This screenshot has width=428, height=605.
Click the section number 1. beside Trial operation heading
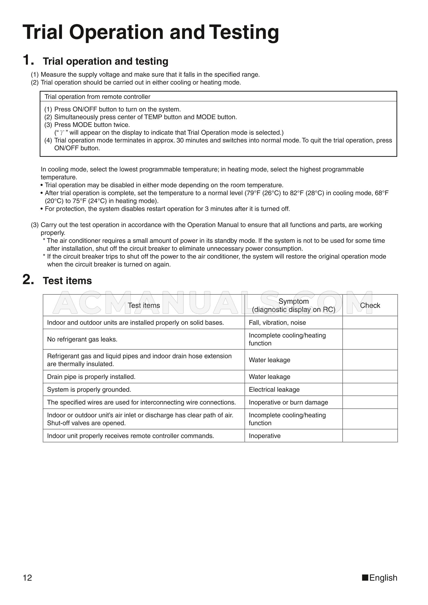pos(28,60)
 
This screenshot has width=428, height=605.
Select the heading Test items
pos(67,281)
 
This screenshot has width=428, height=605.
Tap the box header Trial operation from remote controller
pos(97,97)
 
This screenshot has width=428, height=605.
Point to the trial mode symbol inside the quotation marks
pos(62,133)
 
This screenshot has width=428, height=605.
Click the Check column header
pos(370,305)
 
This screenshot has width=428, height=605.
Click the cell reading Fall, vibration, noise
pos(277,323)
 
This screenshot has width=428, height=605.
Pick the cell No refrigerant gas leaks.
pos(82,339)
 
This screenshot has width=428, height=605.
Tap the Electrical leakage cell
pos(274,389)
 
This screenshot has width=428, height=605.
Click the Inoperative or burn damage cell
pos(288,402)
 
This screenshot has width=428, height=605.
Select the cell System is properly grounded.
pos(89,389)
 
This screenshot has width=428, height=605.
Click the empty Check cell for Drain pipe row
pos(370,377)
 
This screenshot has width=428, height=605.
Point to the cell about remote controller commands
pos(130,436)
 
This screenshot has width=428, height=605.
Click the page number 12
pos(28,578)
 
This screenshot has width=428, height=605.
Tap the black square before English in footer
pos(365,578)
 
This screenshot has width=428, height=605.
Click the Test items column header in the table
pos(143,305)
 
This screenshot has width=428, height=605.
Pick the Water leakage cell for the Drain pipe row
pos(269,377)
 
